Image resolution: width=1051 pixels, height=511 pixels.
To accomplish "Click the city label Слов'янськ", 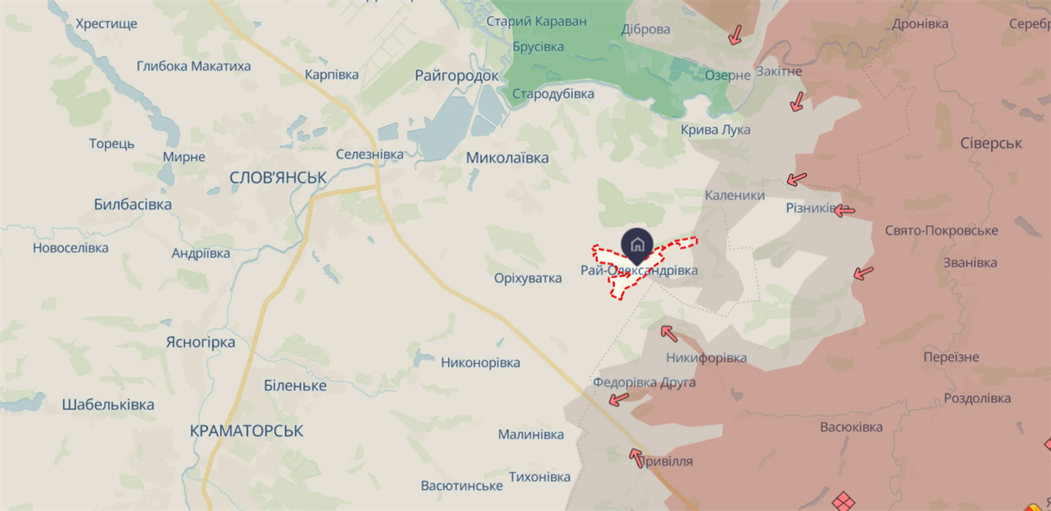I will (278, 177).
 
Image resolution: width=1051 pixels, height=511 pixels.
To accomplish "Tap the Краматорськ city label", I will (246, 430).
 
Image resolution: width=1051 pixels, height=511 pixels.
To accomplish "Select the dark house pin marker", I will (637, 245).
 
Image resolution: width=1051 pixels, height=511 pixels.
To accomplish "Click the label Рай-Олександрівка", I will (639, 271).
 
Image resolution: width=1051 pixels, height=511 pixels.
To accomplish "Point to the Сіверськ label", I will (991, 144).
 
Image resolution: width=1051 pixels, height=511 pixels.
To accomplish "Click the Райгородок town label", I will (457, 76).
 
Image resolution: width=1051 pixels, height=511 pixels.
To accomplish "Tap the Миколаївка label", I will (507, 158).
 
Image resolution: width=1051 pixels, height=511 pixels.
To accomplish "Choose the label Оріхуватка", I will (528, 278).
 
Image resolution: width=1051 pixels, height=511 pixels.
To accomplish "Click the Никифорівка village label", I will (706, 358).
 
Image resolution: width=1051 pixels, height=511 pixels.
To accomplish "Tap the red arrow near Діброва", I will (735, 34).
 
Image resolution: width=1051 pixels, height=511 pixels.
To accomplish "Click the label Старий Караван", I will (536, 21).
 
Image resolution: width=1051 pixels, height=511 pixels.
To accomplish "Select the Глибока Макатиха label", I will (193, 66).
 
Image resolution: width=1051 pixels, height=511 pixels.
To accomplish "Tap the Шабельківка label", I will (108, 405).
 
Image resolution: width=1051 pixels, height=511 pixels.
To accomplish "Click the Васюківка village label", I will (851, 427).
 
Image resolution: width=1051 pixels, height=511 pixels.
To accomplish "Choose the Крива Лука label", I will (716, 130).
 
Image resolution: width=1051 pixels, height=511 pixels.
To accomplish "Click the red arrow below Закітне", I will (796, 103).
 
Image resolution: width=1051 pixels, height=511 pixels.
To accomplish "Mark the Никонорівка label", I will (480, 363).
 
